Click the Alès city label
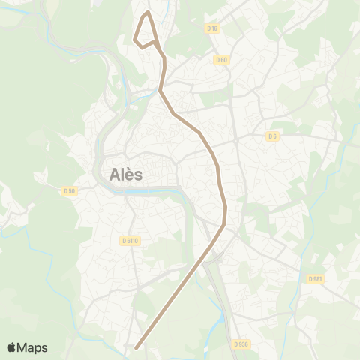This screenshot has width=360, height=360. tap(126, 175)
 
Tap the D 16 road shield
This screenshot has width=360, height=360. tap(211, 28)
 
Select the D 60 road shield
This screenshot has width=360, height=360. tap(220, 60)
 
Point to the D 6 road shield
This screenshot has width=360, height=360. tap(272, 136)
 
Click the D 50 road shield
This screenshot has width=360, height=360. tap(69, 191)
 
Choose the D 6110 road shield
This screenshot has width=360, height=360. tap(129, 241)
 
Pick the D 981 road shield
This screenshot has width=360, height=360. tap(315, 278)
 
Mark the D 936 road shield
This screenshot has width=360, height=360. tap(240, 344)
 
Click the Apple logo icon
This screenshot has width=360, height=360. tap(12, 347)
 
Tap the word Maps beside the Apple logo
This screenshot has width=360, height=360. tap(32, 347)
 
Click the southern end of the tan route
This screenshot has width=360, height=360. tap(136, 347)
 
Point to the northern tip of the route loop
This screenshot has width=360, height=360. tap(148, 12)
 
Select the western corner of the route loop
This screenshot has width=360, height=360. tap(134, 39)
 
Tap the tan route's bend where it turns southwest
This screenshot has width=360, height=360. tap(224, 223)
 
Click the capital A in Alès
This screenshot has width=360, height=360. tap(116, 175)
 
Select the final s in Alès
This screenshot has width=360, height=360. tap(140, 175)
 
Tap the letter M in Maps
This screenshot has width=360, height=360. tap(24, 347)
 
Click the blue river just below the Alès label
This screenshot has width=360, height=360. tap(150, 190)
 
